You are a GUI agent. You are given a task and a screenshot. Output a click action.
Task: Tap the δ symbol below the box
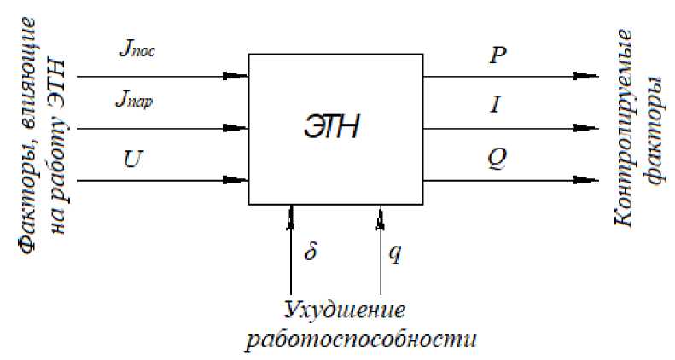click(x=311, y=253)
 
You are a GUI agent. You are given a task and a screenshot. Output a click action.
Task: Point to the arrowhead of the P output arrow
click(x=586, y=76)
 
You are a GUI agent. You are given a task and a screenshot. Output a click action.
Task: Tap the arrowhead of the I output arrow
click(x=586, y=129)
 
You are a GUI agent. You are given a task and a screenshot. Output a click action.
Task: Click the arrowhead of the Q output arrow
click(x=586, y=181)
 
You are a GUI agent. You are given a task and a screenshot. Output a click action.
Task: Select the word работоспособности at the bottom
click(x=358, y=340)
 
